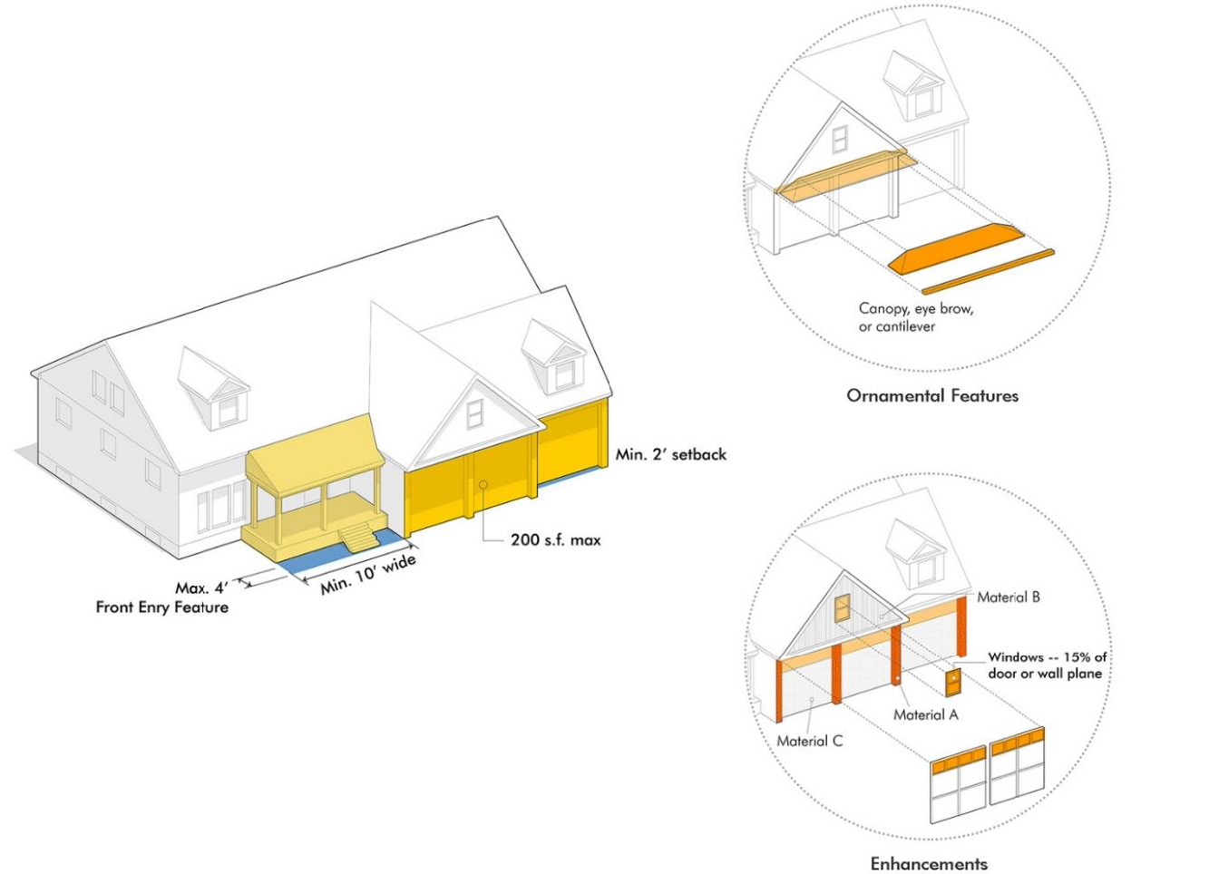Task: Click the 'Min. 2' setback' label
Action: pos(670,454)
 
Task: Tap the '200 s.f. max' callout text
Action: pos(555,539)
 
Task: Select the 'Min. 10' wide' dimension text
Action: pos(368,574)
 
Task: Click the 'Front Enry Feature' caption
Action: pos(161,607)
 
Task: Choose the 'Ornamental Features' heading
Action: pos(931,395)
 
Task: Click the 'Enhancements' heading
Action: pos(929,863)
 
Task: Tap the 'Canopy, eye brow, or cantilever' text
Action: pos(916,317)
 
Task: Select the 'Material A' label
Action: pos(925,714)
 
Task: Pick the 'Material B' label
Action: pos(1008,597)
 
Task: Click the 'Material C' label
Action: pos(809,741)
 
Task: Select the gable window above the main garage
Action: pos(474,413)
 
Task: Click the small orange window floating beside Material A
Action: pos(952,681)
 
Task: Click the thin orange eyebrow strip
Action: pos(989,272)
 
